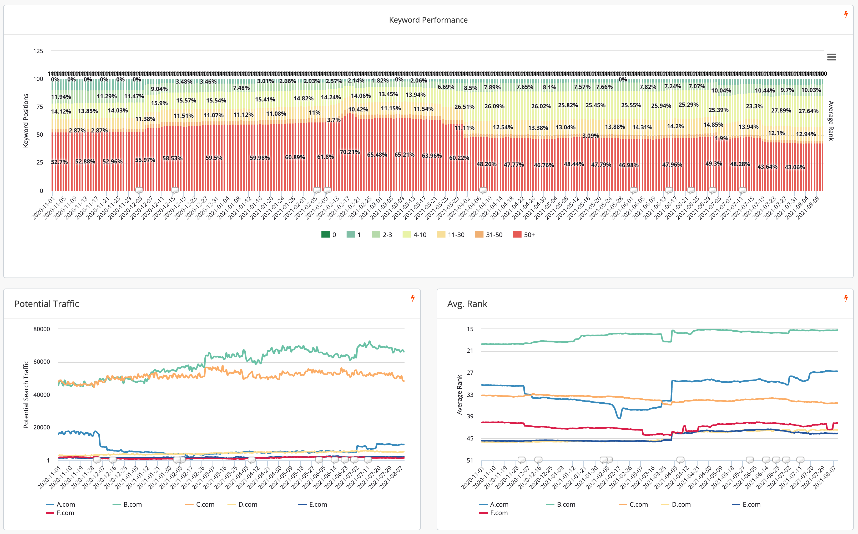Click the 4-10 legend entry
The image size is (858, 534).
point(415,235)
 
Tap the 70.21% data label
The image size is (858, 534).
point(350,152)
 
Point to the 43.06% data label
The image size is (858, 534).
point(794,167)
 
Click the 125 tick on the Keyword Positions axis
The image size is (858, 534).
point(38,51)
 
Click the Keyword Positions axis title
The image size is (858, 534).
point(26,121)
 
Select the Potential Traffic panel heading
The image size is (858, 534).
point(47,304)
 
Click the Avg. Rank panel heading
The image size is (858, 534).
point(467,304)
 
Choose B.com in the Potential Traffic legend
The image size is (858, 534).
point(128,505)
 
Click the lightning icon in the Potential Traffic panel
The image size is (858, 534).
point(412,298)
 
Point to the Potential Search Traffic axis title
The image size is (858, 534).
point(26,394)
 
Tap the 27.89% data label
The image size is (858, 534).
point(781,111)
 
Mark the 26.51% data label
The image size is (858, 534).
point(464,107)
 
